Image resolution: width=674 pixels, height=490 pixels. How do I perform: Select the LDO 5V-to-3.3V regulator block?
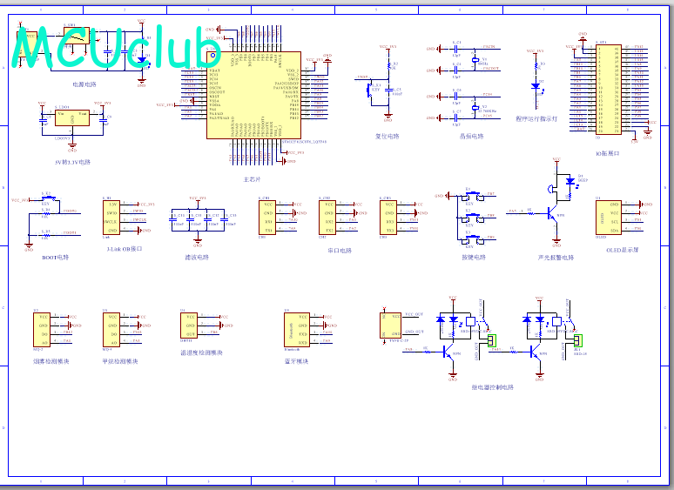(x=71, y=120)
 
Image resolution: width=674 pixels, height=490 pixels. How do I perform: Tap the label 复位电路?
(x=387, y=136)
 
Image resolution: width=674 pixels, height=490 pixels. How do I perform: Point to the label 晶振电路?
(x=471, y=136)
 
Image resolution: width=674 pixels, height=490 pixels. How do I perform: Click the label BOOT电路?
(x=55, y=257)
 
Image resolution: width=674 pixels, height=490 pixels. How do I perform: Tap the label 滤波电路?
(x=197, y=257)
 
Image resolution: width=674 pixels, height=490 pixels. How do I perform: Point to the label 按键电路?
(x=474, y=257)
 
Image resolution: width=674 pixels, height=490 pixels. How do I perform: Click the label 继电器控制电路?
(x=493, y=387)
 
